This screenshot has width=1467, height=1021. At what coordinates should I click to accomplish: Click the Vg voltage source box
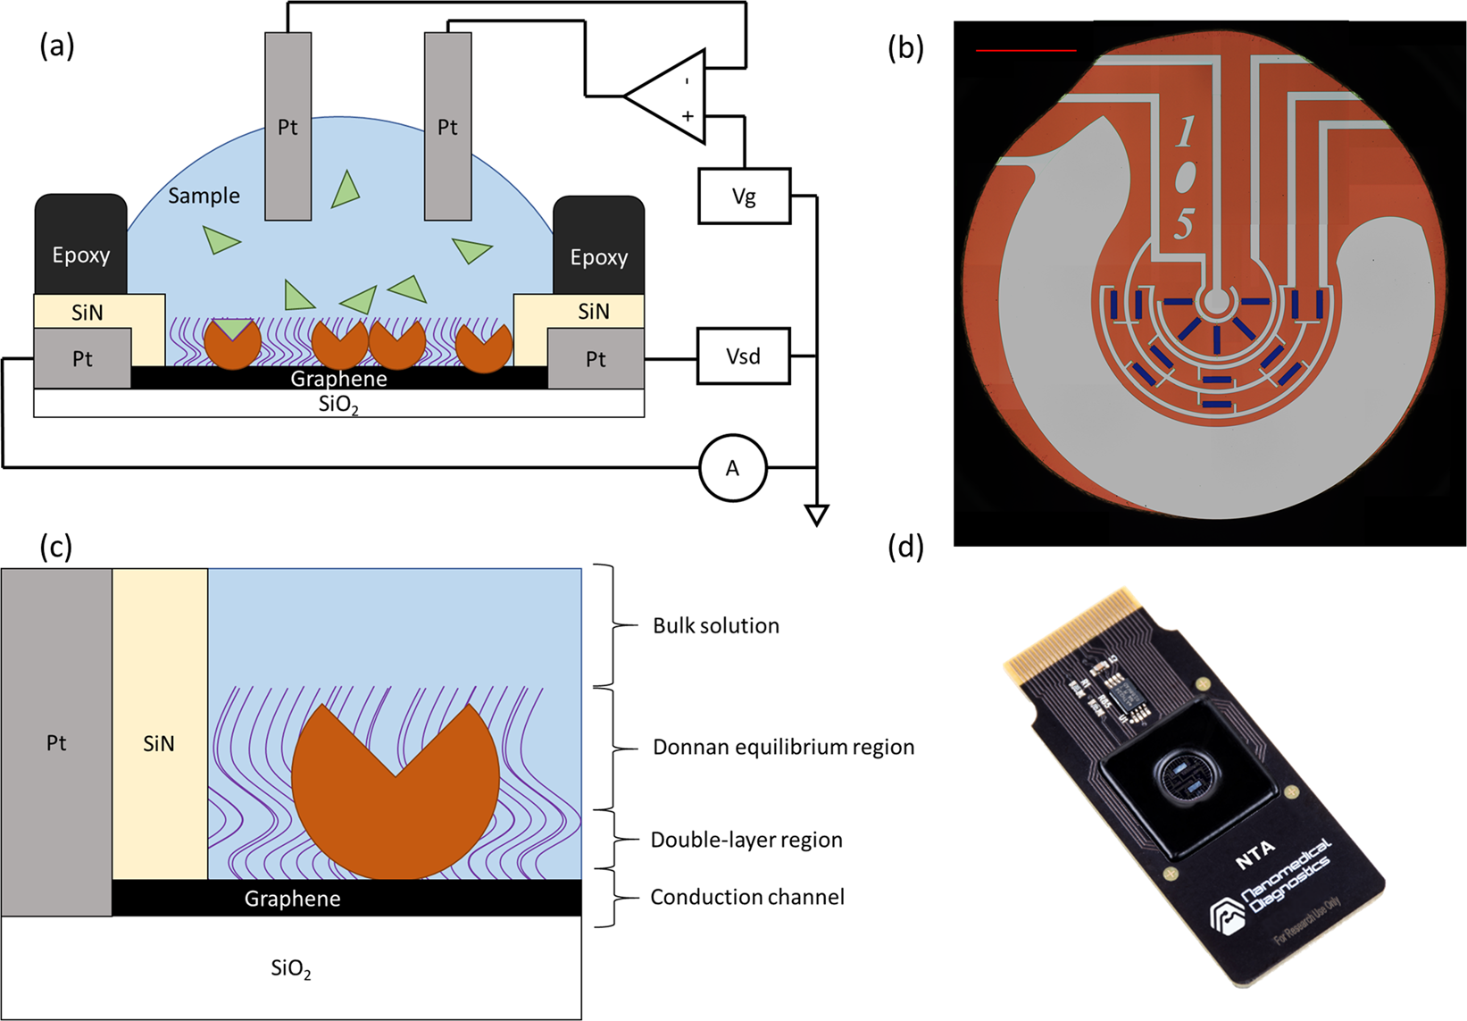tap(744, 197)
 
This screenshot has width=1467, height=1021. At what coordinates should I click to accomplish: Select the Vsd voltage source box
tap(744, 356)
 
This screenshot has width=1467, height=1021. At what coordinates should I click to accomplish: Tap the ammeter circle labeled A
tap(732, 468)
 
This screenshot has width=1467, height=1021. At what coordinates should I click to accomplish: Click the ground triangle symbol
tap(816, 515)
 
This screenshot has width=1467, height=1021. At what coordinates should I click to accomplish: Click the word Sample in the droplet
tap(204, 196)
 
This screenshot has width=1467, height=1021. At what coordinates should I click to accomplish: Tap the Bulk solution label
tap(715, 626)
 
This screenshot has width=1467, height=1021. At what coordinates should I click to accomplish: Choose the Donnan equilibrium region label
tap(783, 748)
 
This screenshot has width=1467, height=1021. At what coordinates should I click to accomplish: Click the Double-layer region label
tap(746, 841)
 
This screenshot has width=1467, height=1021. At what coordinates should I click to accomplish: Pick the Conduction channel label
tap(746, 898)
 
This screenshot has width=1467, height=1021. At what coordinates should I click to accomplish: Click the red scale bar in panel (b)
tap(1026, 51)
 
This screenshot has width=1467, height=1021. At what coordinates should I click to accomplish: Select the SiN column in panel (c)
tap(160, 724)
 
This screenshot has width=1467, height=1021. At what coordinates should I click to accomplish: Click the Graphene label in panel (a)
tap(338, 379)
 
